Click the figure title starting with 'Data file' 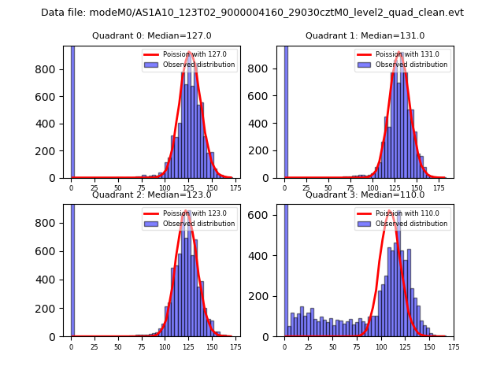pos(252,13)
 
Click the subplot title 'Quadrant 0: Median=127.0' pos(151,35)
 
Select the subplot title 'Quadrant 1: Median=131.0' pos(365,35)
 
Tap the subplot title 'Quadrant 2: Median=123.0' pos(151,195)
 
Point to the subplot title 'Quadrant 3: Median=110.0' pos(365,195)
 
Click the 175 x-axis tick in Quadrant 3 pos(453,346)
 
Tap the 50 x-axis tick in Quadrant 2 pos(118,346)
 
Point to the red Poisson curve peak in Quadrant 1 pos(400,54)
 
